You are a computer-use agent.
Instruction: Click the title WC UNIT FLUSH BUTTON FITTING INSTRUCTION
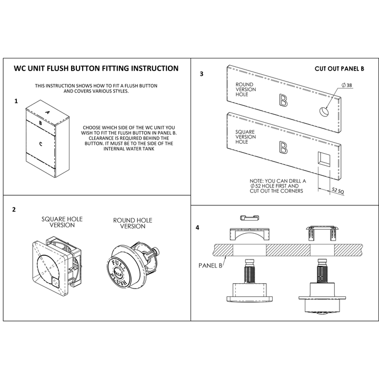pos(95,68)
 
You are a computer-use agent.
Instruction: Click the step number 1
pos(16,100)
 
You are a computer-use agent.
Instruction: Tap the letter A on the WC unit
pos(47,113)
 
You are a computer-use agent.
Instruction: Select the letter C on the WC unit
pos(41,143)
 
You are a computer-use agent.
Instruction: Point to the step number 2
pos(14,210)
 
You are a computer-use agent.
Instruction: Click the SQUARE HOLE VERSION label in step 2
pos(62,222)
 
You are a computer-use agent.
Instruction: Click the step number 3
pos(202,74)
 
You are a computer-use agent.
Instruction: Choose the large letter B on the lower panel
pos(283,148)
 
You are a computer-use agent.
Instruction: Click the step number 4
pos(197,228)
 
